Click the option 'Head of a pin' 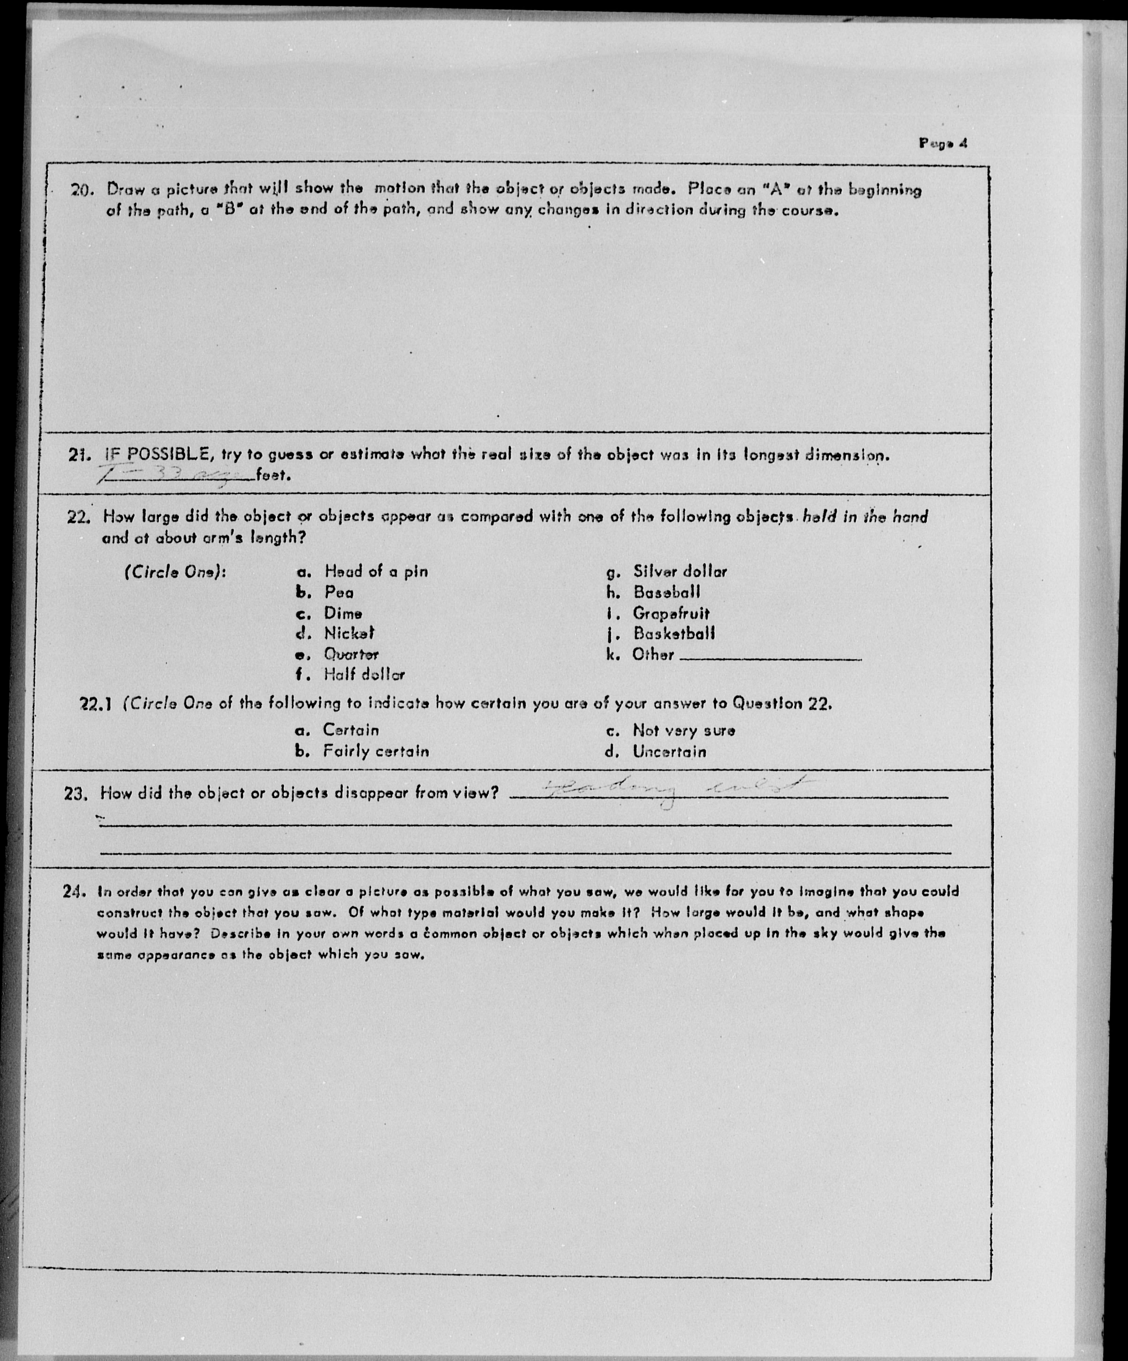(376, 572)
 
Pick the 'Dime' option (343, 613)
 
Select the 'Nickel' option (349, 633)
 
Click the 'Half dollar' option (364, 675)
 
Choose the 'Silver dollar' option (680, 572)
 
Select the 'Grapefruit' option (671, 613)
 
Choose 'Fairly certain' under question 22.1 (376, 752)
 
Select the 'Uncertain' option (669, 752)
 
